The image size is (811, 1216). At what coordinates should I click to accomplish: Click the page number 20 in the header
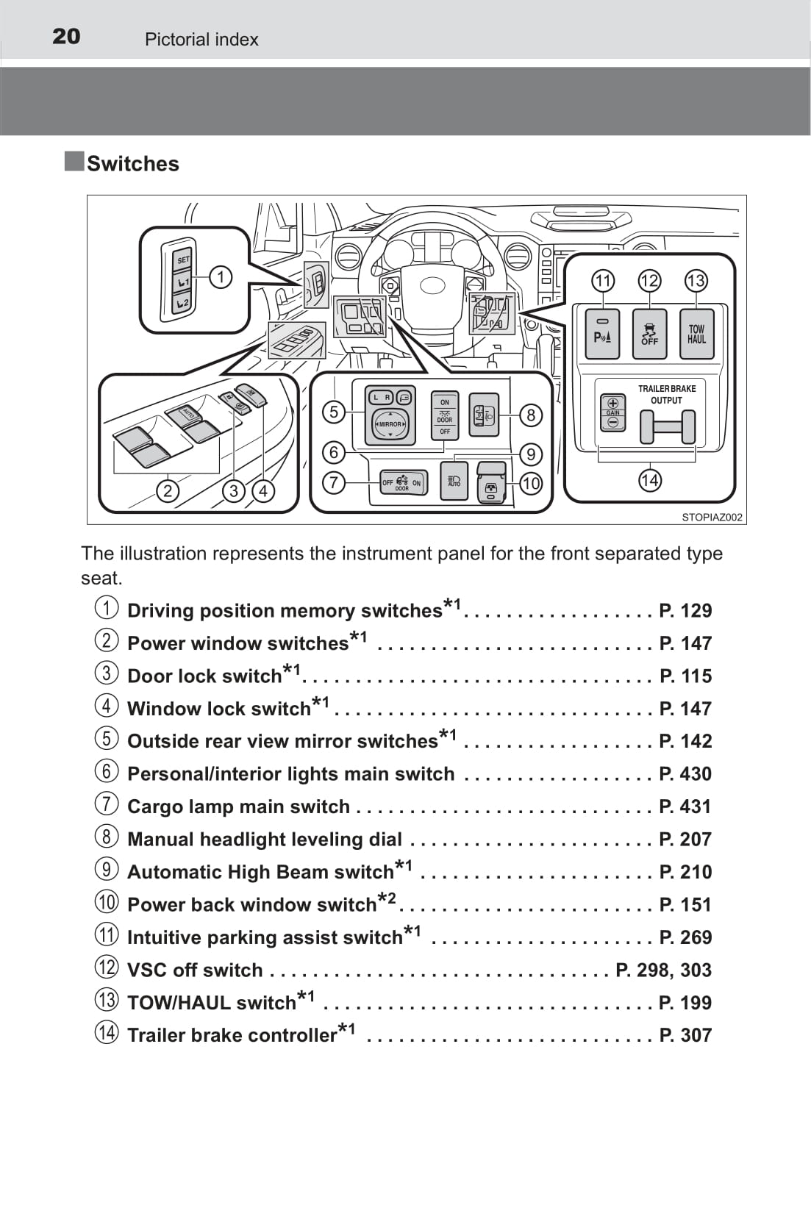pos(66,36)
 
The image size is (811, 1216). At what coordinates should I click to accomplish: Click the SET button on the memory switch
pos(183,260)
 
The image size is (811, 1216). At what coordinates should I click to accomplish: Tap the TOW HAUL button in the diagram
pos(696,335)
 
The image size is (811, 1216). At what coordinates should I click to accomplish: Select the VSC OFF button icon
pos(649,335)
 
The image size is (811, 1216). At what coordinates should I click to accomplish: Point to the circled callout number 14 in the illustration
pos(649,481)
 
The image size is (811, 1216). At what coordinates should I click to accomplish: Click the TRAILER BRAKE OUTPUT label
pos(666,394)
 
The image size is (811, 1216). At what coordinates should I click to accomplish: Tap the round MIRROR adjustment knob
pos(390,424)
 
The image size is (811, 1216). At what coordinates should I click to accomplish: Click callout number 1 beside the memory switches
pos(220,277)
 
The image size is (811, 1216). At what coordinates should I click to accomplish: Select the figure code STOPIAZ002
pos(712,517)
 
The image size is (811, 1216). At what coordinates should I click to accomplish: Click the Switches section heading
pos(132,163)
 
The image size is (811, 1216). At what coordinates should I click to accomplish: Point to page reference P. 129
pos(685,610)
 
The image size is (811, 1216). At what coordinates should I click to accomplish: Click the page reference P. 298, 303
pos(663,970)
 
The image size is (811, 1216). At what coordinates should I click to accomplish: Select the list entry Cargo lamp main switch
pos(238,807)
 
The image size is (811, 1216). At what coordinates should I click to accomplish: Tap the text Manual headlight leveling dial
pos(265,839)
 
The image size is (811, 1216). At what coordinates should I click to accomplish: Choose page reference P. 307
pos(685,1035)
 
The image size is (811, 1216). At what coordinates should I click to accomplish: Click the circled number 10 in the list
pos(107,902)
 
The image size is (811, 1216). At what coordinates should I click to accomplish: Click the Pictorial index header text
pos(201,40)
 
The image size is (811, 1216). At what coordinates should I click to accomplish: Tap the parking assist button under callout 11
pos(602,335)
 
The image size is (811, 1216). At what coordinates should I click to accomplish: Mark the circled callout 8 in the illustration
pos(531,415)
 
